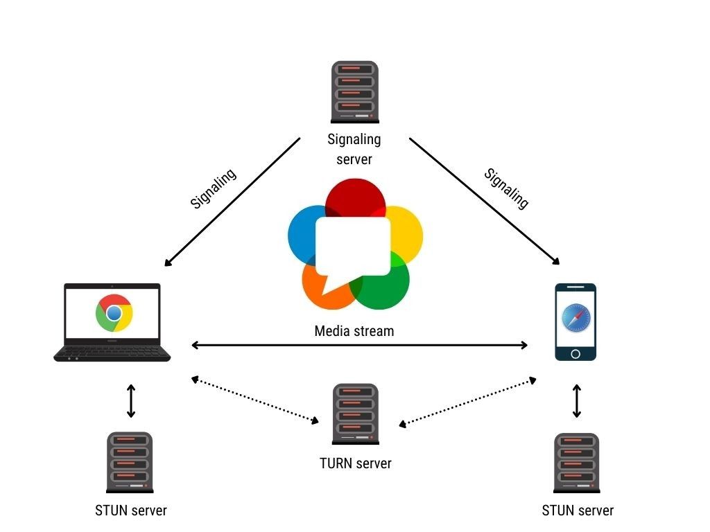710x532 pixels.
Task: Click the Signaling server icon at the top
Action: (x=354, y=91)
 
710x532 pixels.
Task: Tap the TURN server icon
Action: (x=356, y=414)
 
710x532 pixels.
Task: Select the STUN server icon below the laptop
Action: (x=130, y=461)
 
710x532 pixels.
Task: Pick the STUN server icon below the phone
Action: (x=576, y=463)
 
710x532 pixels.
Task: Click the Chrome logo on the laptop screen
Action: (x=114, y=314)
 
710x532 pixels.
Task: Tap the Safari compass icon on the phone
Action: (x=575, y=317)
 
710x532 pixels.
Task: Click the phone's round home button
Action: (x=575, y=353)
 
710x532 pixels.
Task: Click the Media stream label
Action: (x=354, y=331)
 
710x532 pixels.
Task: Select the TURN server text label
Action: (x=355, y=463)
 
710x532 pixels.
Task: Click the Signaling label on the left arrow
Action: (x=213, y=188)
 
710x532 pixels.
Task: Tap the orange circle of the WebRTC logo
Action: (x=320, y=291)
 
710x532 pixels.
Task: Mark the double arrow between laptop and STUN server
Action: (x=130, y=401)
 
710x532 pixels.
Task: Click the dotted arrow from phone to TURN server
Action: (x=467, y=401)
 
